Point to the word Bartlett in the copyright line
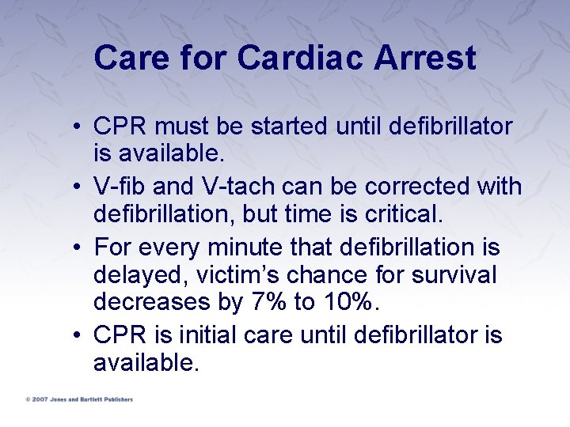pos(90,399)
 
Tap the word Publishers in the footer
pos(118,399)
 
